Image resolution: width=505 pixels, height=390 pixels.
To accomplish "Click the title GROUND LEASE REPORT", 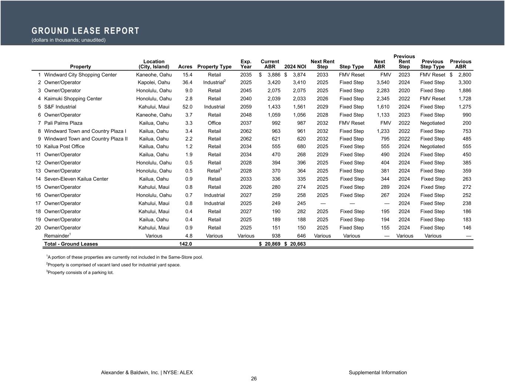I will tap(85, 31).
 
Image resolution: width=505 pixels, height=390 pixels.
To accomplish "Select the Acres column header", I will tap(185, 67).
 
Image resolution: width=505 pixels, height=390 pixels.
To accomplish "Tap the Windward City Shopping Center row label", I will tap(80, 75).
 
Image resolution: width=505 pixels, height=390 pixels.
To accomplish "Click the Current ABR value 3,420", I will tap(274, 82).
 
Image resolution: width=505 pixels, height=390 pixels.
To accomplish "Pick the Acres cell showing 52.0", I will tap(187, 107).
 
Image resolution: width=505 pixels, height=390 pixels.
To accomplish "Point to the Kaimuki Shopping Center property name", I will tap(73, 99).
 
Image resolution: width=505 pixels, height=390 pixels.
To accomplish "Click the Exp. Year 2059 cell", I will tap(246, 107).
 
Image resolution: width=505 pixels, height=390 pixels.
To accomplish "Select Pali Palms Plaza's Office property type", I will tap(214, 123).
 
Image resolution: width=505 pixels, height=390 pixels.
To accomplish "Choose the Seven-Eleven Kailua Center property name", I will tap(76, 179).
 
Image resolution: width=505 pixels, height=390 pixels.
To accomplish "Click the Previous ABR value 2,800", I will tap(464, 75).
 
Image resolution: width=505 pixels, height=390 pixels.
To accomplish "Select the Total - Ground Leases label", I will tap(71, 244).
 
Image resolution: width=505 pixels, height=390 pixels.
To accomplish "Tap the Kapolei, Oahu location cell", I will tap(154, 82).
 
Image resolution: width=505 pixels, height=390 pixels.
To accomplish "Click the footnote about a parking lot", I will tap(80, 272).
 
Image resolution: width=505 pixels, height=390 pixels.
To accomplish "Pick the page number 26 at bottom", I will tap(254, 379).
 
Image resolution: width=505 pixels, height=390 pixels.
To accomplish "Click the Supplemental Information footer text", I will tap(378, 373).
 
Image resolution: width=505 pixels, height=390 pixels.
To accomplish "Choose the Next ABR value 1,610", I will tap(383, 107).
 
